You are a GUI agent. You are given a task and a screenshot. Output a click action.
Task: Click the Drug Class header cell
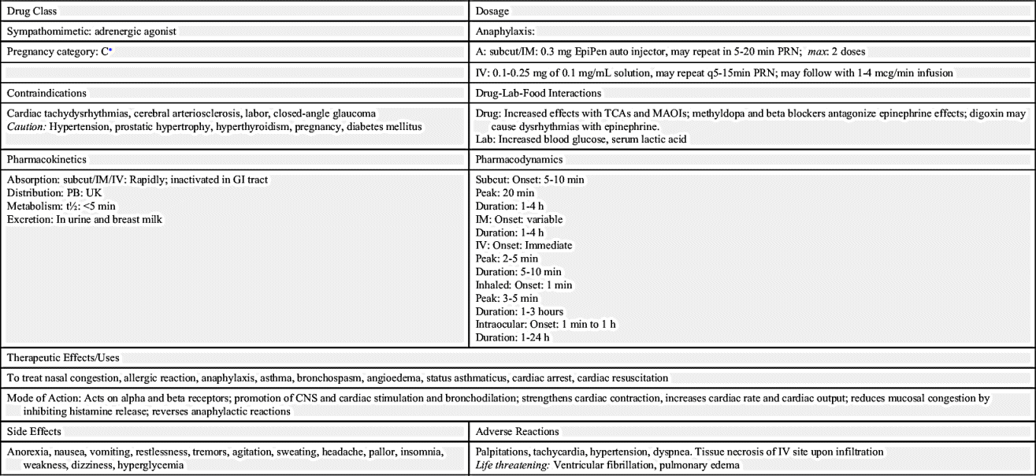tap(32, 11)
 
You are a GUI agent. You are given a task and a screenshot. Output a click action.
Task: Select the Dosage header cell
tap(492, 11)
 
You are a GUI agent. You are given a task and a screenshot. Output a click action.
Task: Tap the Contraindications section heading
tap(46, 93)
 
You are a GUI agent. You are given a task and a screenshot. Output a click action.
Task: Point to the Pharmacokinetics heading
tap(46, 159)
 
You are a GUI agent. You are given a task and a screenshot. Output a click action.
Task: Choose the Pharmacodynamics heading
tap(519, 159)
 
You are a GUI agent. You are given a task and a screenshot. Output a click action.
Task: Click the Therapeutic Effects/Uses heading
tap(63, 358)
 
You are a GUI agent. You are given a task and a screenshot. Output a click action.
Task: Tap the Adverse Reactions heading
tap(518, 432)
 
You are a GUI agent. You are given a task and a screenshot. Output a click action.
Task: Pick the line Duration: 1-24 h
tap(513, 337)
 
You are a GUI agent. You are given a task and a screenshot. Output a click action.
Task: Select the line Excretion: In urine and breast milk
tap(84, 219)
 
